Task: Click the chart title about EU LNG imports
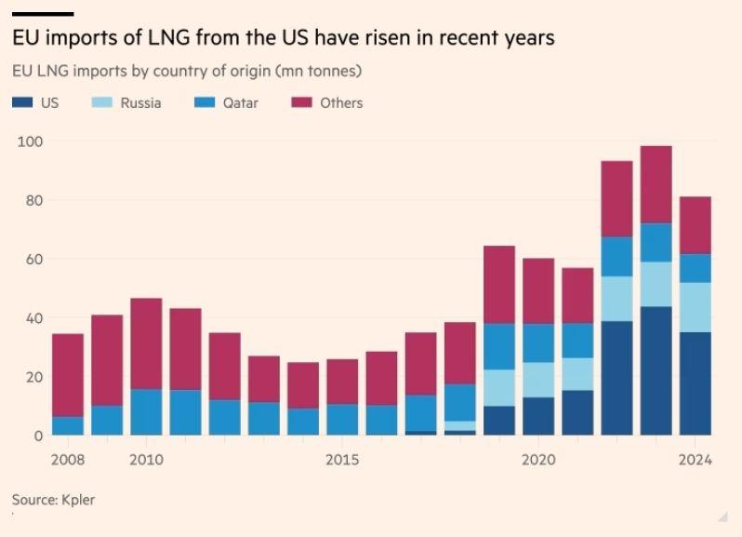click(x=283, y=38)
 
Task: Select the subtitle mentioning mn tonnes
click(x=186, y=71)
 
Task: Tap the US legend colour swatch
click(x=22, y=102)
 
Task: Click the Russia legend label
click(x=140, y=102)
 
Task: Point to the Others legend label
click(x=341, y=102)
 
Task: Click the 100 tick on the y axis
click(x=32, y=141)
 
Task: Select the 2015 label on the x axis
click(x=343, y=460)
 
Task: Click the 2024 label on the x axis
click(x=696, y=460)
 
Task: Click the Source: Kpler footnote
click(x=53, y=500)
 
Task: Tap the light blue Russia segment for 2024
click(x=696, y=307)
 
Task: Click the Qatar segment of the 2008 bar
click(x=67, y=425)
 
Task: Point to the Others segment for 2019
click(x=499, y=284)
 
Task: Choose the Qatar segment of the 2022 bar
click(x=617, y=256)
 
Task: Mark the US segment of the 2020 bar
click(x=538, y=416)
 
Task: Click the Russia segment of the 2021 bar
click(x=577, y=373)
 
